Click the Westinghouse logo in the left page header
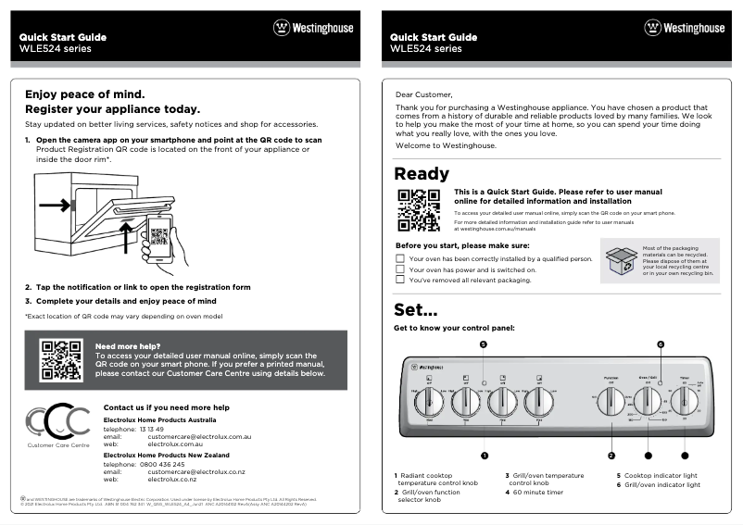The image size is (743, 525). [313, 28]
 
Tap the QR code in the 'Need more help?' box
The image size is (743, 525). [62, 360]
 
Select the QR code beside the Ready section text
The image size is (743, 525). [418, 210]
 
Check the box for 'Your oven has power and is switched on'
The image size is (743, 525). [400, 269]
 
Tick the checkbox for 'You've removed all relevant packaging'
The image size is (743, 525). [400, 280]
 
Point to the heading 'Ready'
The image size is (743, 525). [422, 174]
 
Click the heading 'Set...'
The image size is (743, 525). [415, 309]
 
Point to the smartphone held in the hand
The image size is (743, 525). [158, 240]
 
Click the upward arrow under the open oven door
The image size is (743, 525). [126, 236]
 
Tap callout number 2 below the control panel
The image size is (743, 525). [611, 455]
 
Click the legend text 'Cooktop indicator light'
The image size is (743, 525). [662, 476]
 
